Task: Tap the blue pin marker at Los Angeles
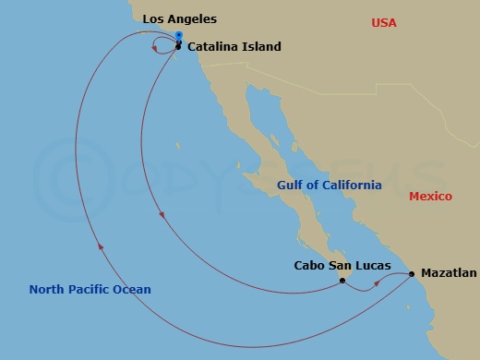(178, 36)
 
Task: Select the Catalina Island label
(234, 47)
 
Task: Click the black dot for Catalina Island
(178, 45)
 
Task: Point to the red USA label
(383, 22)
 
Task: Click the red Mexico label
(430, 197)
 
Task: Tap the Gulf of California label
(330, 186)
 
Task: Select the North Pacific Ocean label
(90, 290)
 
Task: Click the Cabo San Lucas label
(342, 266)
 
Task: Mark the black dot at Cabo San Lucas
(342, 280)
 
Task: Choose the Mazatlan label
(449, 273)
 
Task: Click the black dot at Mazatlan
(412, 273)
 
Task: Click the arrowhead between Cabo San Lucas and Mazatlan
(377, 287)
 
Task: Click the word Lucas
(372, 266)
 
